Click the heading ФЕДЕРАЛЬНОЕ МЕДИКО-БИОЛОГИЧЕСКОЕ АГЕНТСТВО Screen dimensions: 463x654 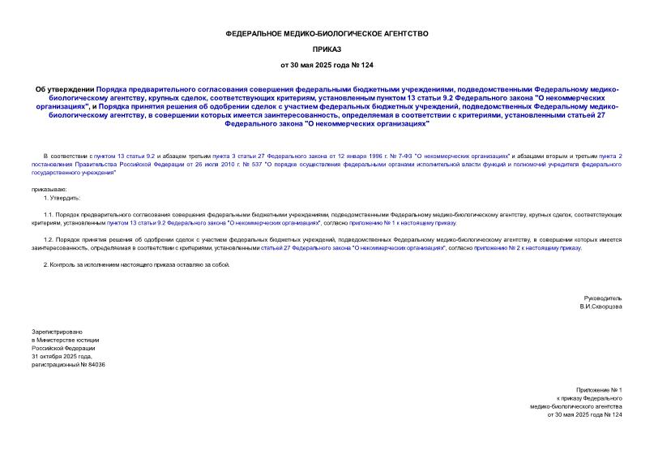coord(326,33)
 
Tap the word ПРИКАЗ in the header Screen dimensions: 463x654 coord(326,49)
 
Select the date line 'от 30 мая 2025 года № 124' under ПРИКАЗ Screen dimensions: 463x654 coord(326,64)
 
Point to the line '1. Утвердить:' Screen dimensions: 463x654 coord(62,198)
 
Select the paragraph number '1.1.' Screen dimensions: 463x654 coord(50,214)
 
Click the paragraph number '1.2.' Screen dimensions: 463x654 coord(50,240)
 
